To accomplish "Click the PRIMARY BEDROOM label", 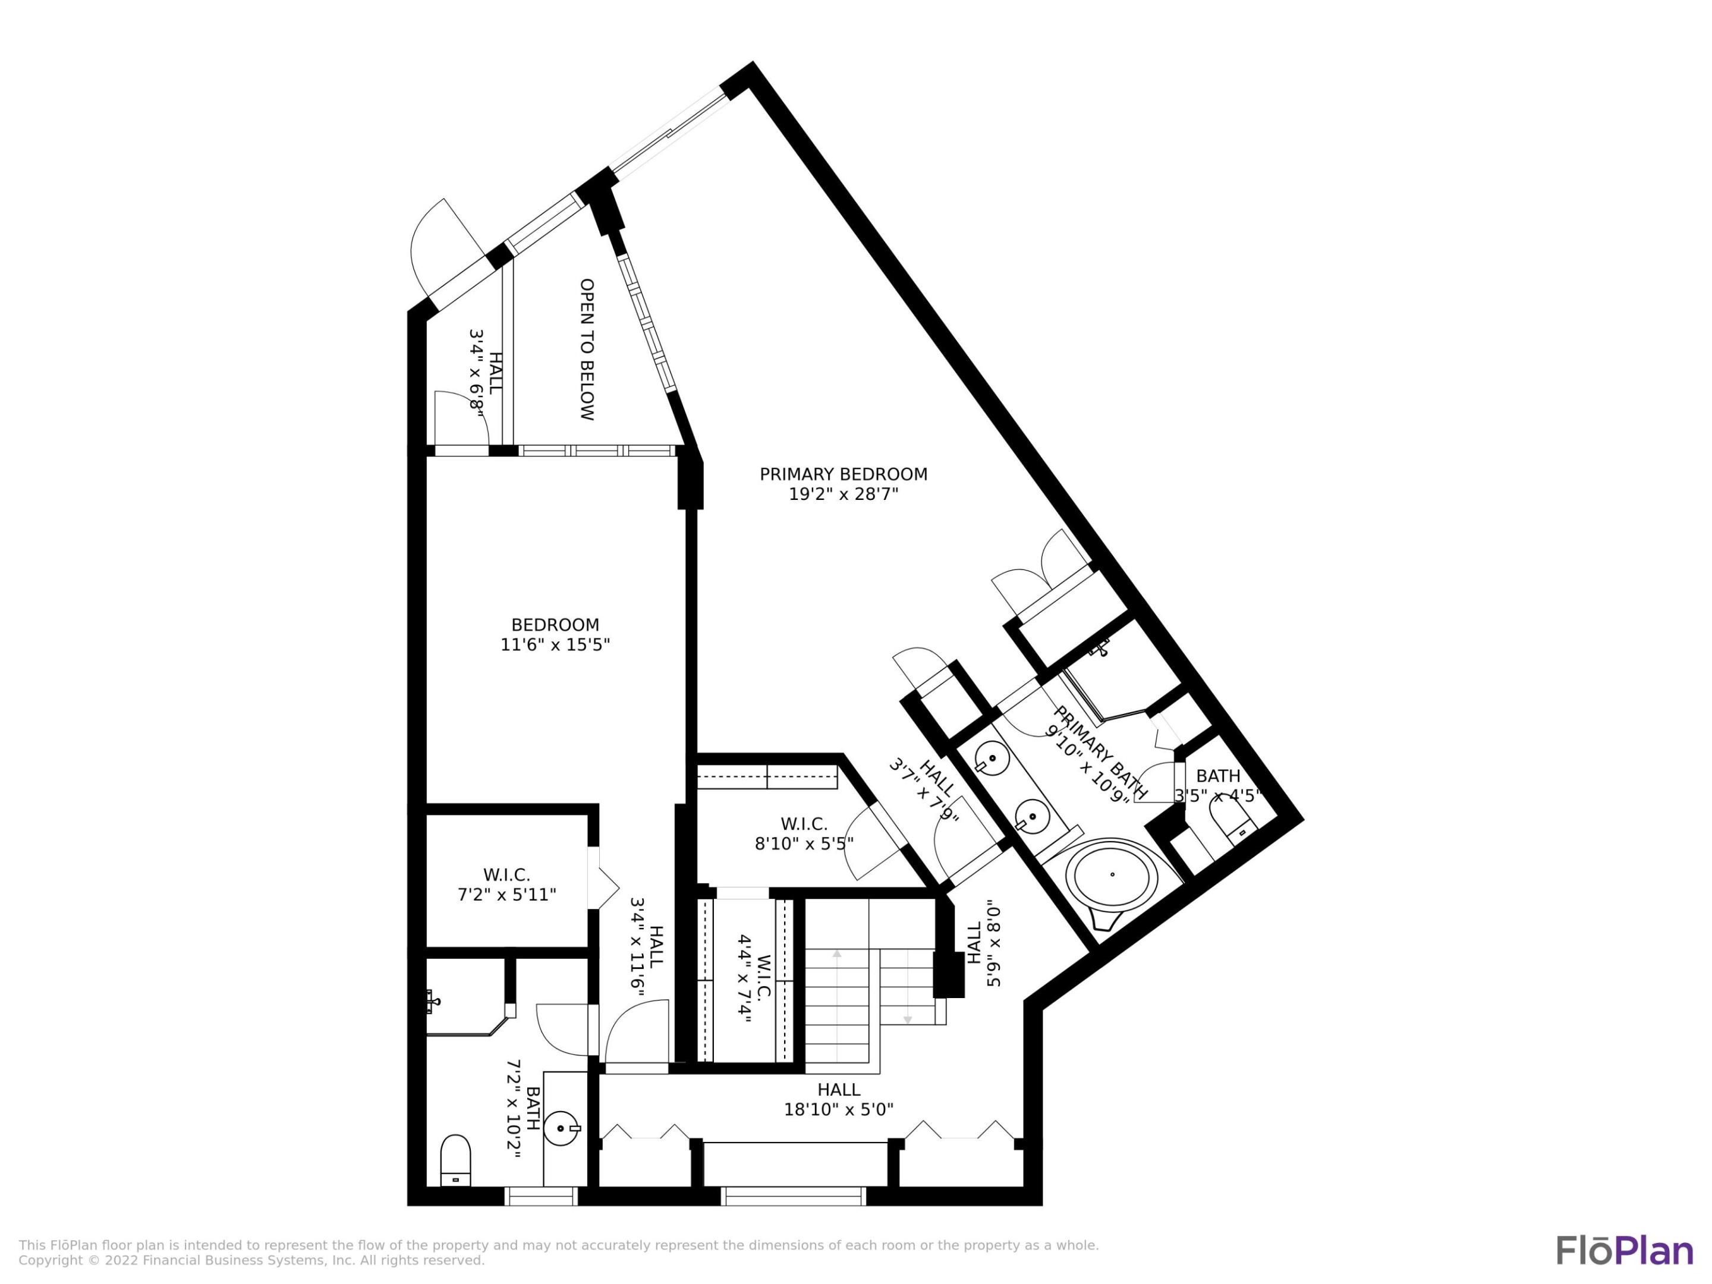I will (x=843, y=474).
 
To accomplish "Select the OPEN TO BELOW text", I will (x=587, y=349).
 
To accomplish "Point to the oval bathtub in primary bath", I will (x=1112, y=874).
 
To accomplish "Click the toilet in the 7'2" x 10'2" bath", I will (x=455, y=1159).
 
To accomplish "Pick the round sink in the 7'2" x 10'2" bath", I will (x=561, y=1128).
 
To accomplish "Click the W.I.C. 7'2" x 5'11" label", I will (x=506, y=885).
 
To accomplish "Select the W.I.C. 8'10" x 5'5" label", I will (x=804, y=833).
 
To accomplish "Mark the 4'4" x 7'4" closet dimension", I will (x=744, y=979).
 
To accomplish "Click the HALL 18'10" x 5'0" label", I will (x=838, y=1100).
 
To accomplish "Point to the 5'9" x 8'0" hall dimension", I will (x=994, y=948).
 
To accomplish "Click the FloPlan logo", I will (x=1625, y=1251).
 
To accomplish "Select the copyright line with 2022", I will (x=251, y=1261).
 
